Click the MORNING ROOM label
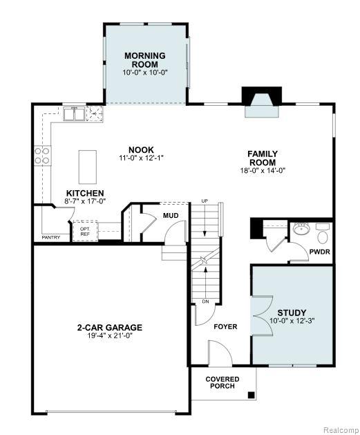145,60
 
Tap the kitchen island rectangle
88,167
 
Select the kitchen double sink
74,113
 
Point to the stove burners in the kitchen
42,156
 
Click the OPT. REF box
85,231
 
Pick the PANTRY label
51,237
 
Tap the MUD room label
171,216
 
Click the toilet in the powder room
322,234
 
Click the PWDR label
319,252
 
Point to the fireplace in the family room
262,102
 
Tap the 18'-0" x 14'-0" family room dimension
263,170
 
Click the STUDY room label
292,313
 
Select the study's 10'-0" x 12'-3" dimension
292,321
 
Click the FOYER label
225,327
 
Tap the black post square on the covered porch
251,395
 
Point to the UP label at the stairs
205,201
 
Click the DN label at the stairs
206,302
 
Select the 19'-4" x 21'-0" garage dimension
110,335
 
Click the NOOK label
141,150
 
